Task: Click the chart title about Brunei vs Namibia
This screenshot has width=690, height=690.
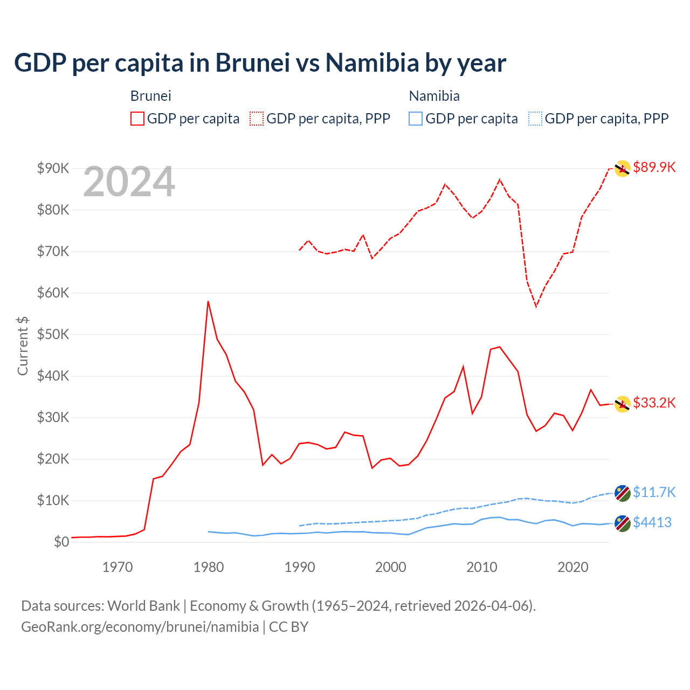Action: click(x=260, y=63)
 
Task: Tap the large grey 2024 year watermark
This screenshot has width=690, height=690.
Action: click(x=129, y=182)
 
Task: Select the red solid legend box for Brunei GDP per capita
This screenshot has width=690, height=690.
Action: click(x=137, y=119)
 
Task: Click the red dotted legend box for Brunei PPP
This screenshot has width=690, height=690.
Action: click(x=257, y=119)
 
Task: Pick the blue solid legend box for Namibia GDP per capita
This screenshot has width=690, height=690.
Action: click(x=416, y=119)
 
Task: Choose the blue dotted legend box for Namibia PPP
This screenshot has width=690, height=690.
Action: click(x=535, y=119)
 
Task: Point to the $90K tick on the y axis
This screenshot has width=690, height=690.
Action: click(x=53, y=168)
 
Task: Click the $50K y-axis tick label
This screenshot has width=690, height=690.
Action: click(x=53, y=334)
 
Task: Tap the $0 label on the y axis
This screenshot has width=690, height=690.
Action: click(x=61, y=542)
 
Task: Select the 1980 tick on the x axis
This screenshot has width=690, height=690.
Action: click(x=209, y=567)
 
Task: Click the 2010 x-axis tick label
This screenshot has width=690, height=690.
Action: click(x=481, y=567)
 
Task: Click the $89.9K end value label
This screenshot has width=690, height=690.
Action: click(x=654, y=167)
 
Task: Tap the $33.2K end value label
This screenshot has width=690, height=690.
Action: click(x=654, y=403)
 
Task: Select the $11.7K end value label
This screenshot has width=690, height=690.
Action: click(x=654, y=492)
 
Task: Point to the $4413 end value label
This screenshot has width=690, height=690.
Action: click(x=652, y=522)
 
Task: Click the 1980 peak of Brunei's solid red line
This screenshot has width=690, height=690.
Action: click(x=208, y=301)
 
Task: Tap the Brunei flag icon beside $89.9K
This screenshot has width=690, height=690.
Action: click(x=623, y=169)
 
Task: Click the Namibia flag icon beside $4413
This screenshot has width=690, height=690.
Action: click(x=623, y=523)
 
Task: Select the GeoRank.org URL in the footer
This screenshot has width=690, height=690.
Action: click(x=140, y=627)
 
